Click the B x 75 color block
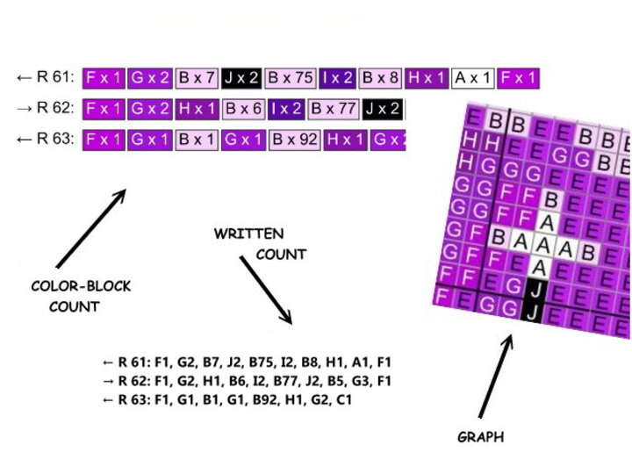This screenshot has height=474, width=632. pos(291,78)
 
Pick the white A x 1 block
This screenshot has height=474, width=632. pos(473,78)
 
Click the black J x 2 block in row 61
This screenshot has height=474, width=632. pos(241,78)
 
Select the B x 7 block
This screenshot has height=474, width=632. pos(197,78)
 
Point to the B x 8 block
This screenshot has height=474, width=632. pos(381,78)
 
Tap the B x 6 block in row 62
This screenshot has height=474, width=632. pos(243,109)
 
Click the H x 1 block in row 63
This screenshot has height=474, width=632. pos(345,140)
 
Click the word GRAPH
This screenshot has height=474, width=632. pos(481,436)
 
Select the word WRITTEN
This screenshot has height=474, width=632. pos(248,234)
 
